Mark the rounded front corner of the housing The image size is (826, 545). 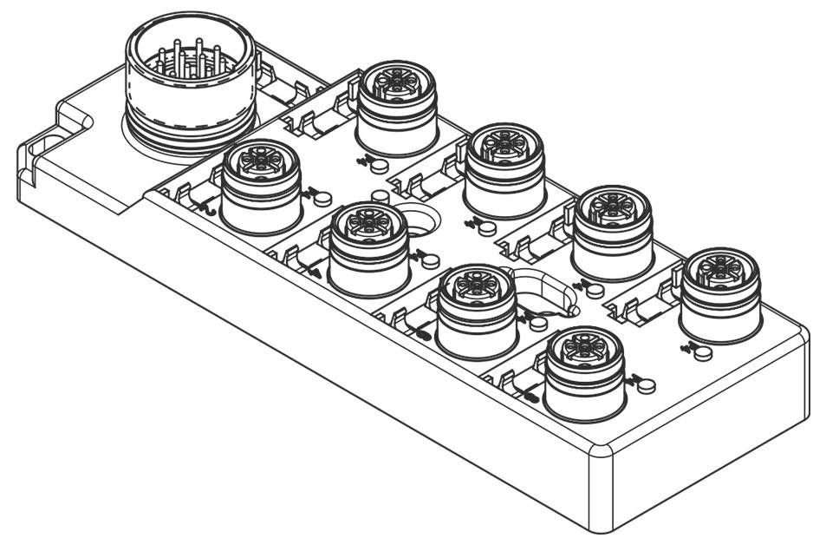(598, 451)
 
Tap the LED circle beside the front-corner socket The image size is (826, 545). (647, 384)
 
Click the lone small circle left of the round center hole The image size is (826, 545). (379, 196)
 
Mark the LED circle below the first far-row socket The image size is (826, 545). (380, 165)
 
